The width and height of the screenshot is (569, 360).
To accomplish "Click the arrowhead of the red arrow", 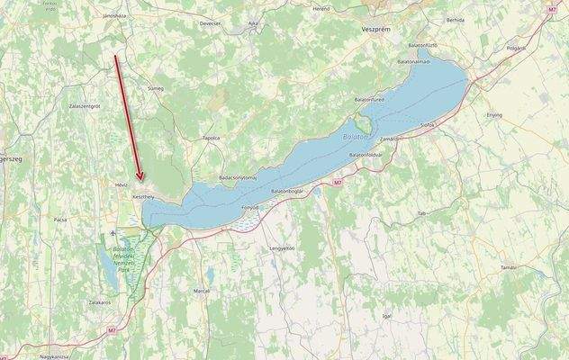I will [140, 179].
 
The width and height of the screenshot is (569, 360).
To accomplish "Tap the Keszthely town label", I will [143, 195].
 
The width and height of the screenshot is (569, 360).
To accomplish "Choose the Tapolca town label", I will [212, 138].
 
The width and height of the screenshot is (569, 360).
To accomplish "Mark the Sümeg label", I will [156, 89].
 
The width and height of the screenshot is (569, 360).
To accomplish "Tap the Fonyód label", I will [250, 207].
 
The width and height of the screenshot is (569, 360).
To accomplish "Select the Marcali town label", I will [201, 291].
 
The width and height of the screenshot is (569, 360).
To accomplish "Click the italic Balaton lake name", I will [357, 136].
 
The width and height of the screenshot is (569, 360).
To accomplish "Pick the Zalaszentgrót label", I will [84, 105].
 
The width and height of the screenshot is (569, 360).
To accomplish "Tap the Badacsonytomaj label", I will [239, 165].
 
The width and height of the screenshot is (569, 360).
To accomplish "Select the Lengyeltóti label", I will [282, 247].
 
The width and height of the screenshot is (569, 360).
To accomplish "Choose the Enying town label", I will [494, 115].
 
